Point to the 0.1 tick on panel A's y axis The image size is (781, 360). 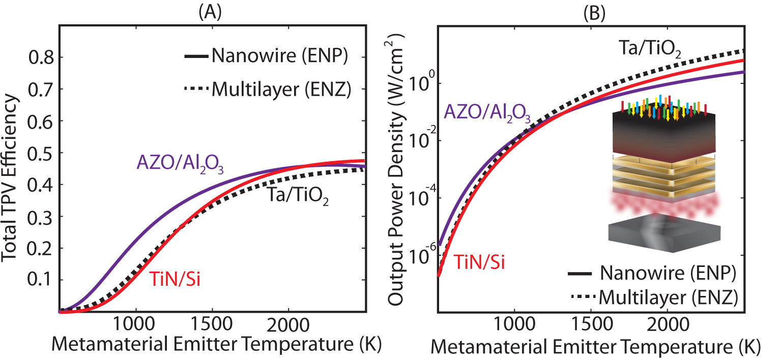tap(43, 280)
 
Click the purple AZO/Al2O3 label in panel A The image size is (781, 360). tap(180, 164)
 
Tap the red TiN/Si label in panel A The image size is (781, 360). tap(175, 279)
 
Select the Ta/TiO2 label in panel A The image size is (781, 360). tap(297, 198)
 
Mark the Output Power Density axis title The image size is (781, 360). tap(396, 168)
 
